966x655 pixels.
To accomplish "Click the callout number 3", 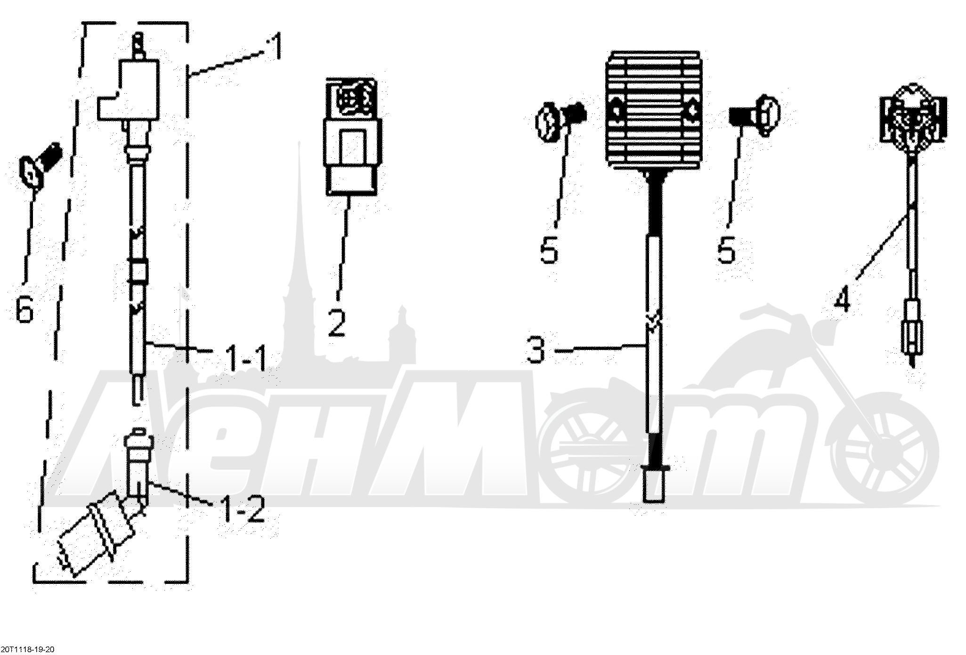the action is click(x=537, y=348).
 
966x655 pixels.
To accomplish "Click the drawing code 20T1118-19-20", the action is click(x=28, y=649).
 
